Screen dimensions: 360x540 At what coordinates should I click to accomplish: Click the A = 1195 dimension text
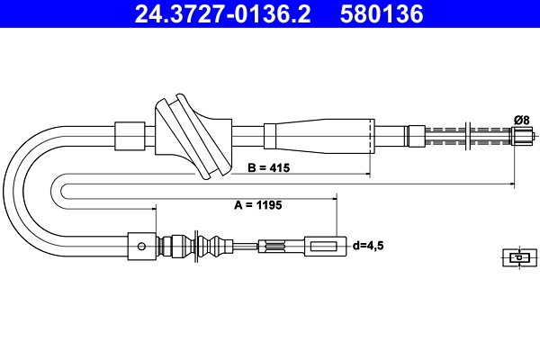(x=258, y=205)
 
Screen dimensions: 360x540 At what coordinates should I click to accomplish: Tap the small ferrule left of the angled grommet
(x=130, y=136)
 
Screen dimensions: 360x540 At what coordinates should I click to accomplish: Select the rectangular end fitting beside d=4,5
(x=325, y=245)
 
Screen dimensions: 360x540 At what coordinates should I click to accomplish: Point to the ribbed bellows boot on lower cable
(x=210, y=245)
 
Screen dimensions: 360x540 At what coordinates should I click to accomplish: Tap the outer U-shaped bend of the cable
(x=27, y=189)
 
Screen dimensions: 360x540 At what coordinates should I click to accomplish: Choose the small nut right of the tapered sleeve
(x=415, y=136)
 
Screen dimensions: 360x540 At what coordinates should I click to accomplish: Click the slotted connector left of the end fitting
(x=275, y=245)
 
